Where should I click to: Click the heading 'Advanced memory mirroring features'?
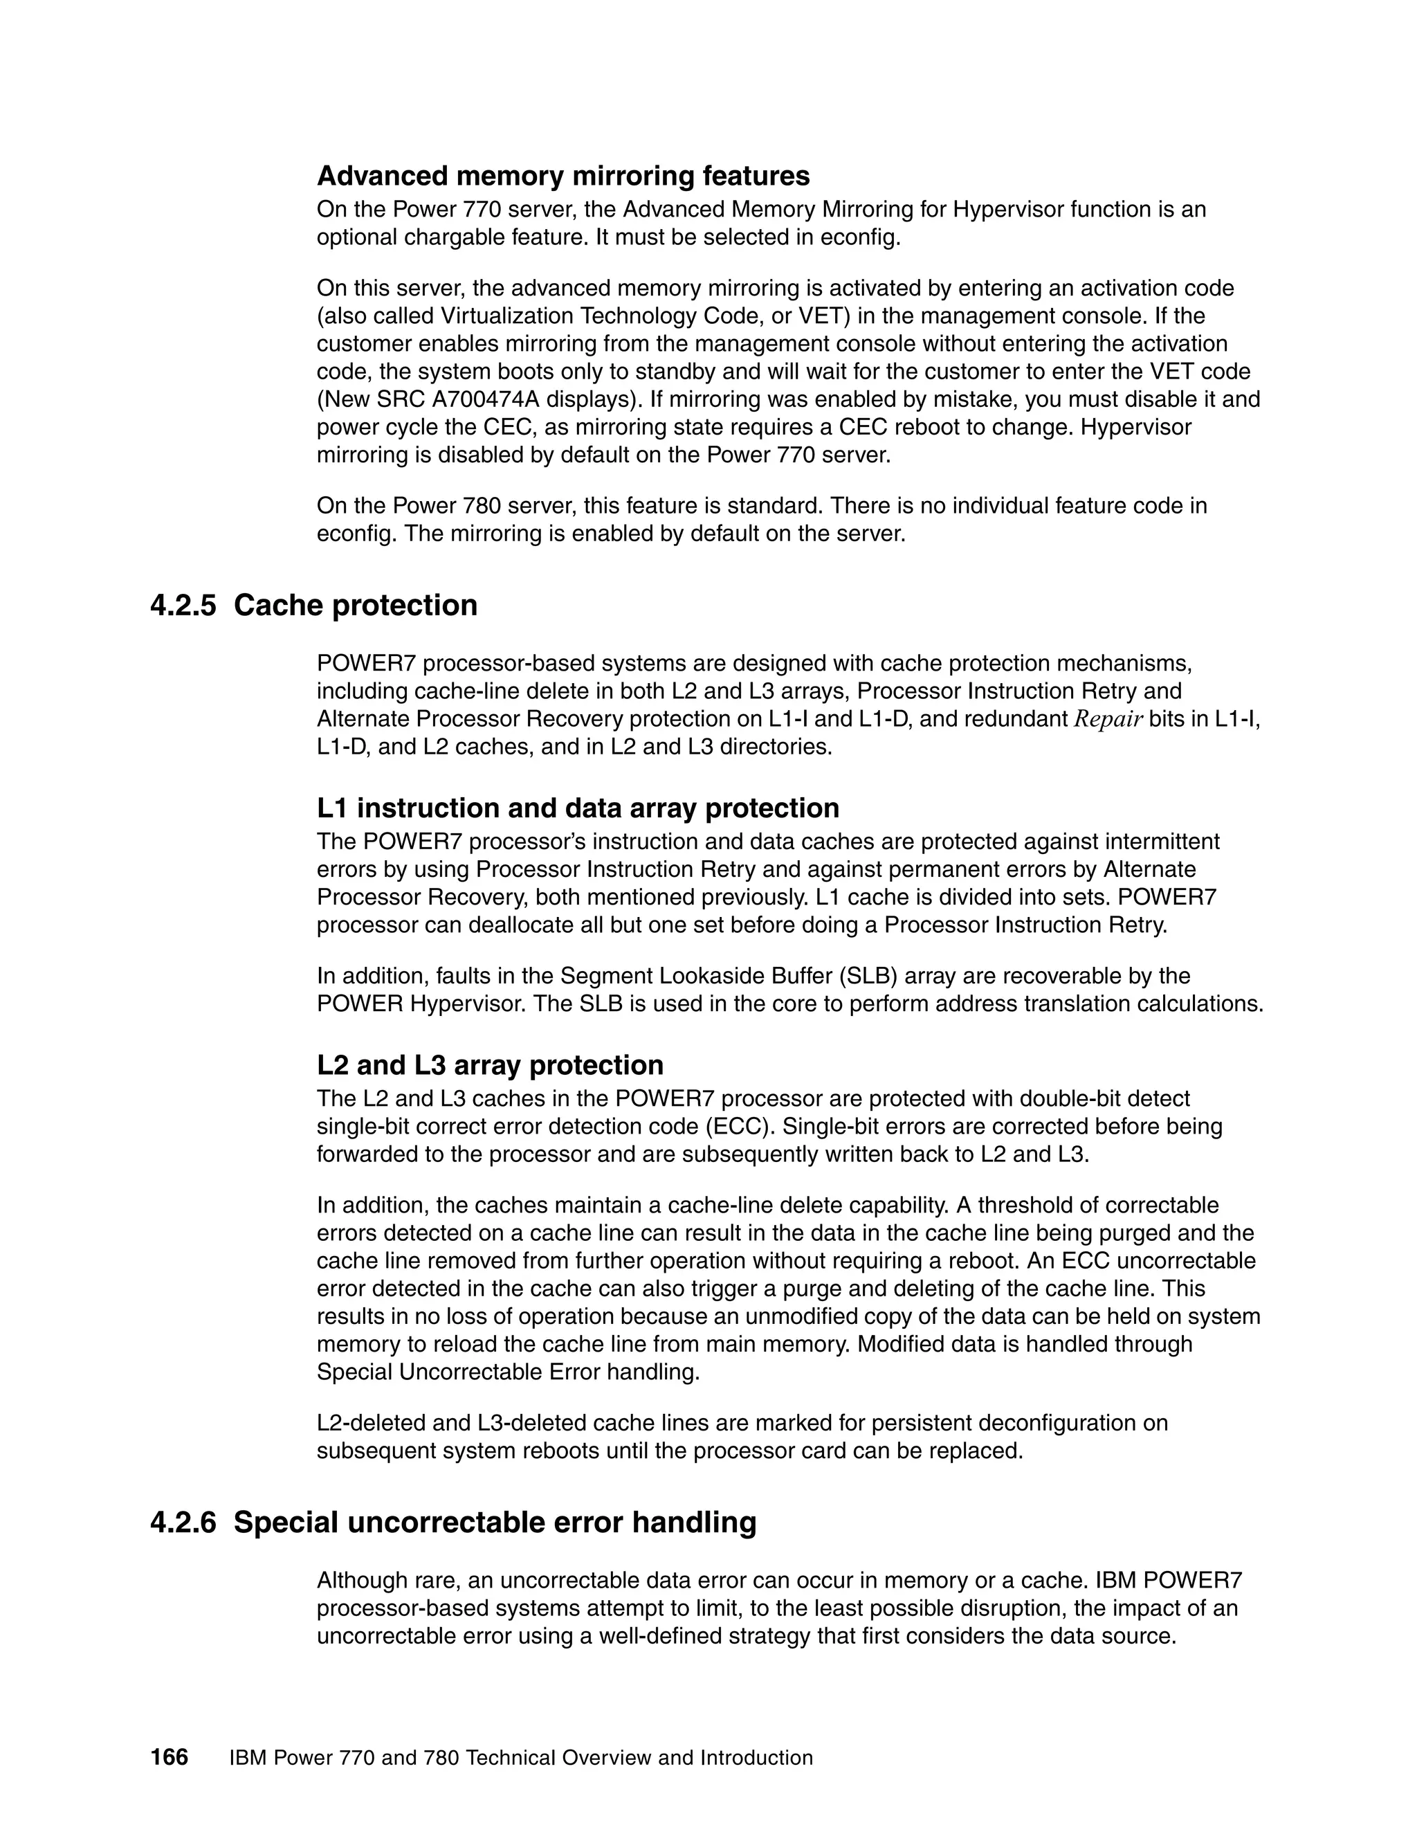[563, 176]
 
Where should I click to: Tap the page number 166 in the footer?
[169, 1758]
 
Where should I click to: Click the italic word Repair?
[1108, 720]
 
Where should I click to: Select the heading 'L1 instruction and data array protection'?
[578, 808]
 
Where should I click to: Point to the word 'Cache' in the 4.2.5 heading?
[279, 606]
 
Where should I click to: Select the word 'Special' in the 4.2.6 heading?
[286, 1523]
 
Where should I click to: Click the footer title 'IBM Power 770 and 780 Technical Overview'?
[520, 1758]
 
